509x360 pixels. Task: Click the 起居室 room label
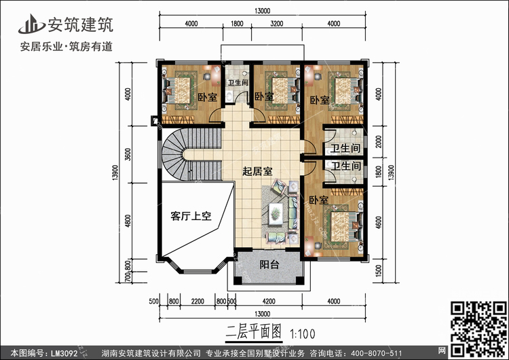(258, 172)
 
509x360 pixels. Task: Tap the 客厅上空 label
(191, 217)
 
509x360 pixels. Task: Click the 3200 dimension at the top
(277, 24)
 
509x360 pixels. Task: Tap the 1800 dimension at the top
(237, 24)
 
